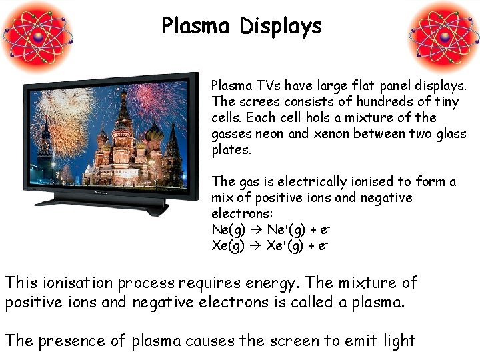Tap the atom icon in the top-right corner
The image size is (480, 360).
443,34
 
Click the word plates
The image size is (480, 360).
231,149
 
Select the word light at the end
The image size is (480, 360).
399,341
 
